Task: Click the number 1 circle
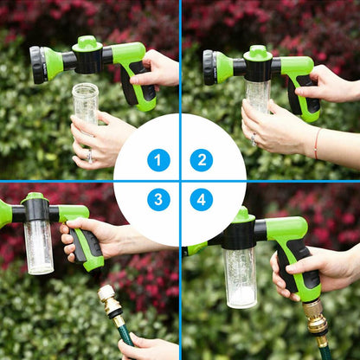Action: pyautogui.click(x=158, y=160)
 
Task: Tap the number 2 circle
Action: pyautogui.click(x=202, y=160)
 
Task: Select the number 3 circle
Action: pyautogui.click(x=158, y=201)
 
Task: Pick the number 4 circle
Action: pyautogui.click(x=202, y=201)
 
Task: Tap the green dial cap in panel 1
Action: pyautogui.click(x=87, y=42)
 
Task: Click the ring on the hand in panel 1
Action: pyautogui.click(x=89, y=156)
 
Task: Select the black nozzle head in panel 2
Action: pyautogui.click(x=209, y=67)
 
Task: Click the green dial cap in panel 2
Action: pyautogui.click(x=258, y=52)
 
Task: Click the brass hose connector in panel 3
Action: pyautogui.click(x=110, y=302)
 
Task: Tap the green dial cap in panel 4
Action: pyautogui.click(x=241, y=215)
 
